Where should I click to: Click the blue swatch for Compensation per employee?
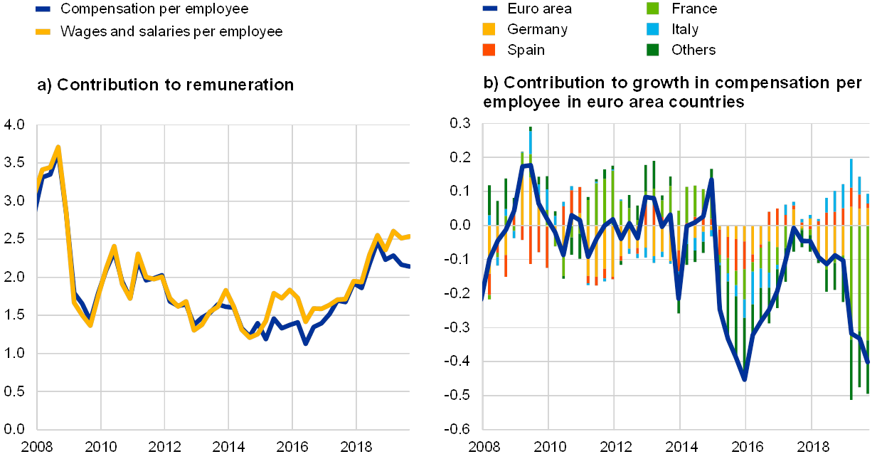(x=45, y=9)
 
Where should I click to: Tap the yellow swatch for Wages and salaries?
(x=45, y=31)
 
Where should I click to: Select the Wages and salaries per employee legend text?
(x=171, y=31)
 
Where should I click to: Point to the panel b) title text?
(x=672, y=93)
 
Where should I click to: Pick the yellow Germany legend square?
(x=489, y=30)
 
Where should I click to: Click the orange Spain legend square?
(x=489, y=50)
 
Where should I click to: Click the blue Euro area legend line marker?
(x=489, y=9)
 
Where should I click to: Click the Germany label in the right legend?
(x=537, y=30)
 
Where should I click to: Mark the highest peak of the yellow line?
(x=58, y=147)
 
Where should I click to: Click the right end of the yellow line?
(x=409, y=236)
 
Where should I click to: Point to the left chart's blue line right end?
(x=409, y=266)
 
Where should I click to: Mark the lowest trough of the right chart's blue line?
(x=745, y=379)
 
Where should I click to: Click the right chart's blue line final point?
(x=868, y=363)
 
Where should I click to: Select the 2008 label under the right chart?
(x=483, y=447)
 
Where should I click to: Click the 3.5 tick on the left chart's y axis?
(x=14, y=162)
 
